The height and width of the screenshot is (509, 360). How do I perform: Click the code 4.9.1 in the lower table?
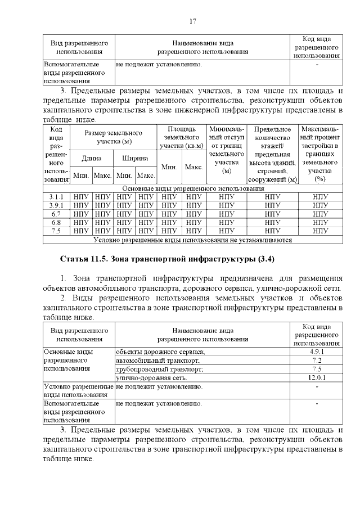pos(316,352)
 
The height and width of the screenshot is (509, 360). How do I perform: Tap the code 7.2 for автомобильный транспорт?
pos(316,360)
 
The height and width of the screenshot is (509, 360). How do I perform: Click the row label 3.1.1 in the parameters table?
pos(56,197)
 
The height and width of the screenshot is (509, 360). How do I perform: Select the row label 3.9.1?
pos(56,205)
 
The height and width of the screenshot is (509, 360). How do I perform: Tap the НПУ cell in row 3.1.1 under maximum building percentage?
pos(320,197)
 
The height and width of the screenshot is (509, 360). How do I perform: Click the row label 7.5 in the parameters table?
pos(56,231)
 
